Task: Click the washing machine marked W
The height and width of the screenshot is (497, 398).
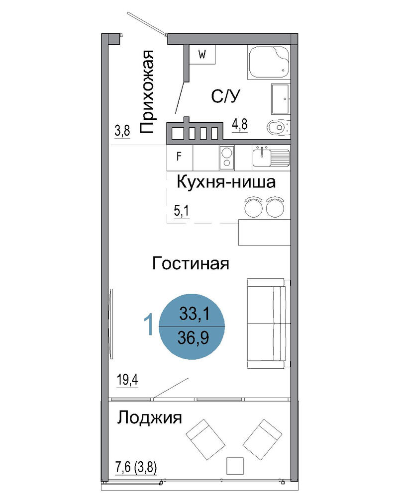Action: coord(202,55)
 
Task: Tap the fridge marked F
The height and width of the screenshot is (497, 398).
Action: coord(180,158)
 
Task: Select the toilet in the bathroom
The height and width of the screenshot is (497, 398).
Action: coord(278,128)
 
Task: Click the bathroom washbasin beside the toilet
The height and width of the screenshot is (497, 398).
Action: coord(281,99)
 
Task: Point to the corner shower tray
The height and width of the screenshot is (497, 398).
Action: coord(269,62)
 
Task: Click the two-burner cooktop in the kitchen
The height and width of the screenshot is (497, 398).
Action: coord(227,158)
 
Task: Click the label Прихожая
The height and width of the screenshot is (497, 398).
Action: coord(147,91)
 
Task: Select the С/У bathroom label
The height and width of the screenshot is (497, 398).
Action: coord(226,96)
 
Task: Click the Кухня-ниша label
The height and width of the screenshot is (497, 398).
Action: coord(226,182)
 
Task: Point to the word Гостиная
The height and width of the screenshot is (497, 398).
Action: coord(191,263)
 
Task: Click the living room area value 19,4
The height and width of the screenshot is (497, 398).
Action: coord(127,379)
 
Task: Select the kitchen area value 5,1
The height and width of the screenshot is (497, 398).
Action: coord(182,211)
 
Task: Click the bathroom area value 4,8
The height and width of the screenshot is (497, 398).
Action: coord(240,124)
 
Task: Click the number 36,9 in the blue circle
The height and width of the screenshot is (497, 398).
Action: coord(193,338)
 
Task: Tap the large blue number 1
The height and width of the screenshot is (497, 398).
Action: coord(149,324)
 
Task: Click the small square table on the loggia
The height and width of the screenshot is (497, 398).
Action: coord(235,466)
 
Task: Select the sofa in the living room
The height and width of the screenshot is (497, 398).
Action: coord(269,324)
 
